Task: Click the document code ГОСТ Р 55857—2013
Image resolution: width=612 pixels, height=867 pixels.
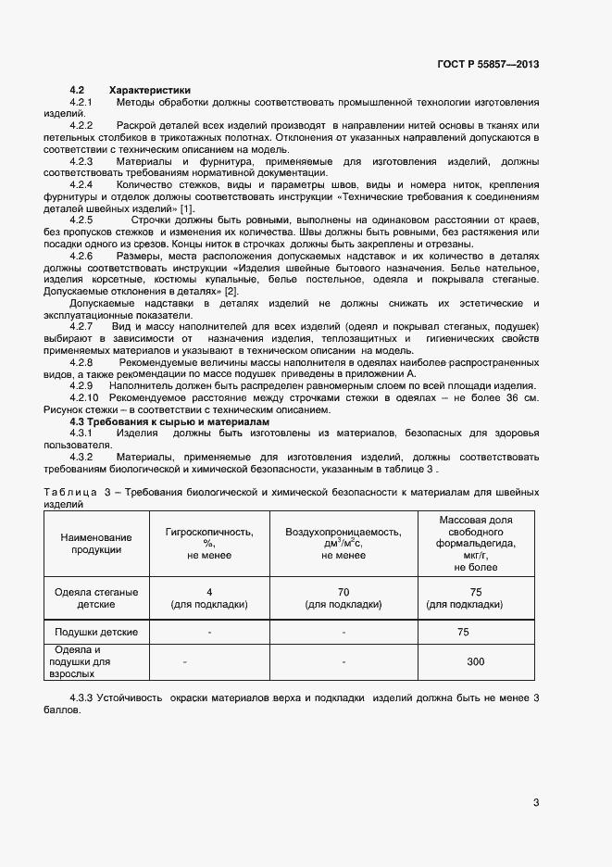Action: [487, 64]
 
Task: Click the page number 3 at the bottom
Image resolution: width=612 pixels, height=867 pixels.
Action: [536, 802]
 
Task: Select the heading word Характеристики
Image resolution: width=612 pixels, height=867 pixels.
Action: [149, 90]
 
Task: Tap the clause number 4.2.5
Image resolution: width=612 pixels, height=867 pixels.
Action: [81, 220]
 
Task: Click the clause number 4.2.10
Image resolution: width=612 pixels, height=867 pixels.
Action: [84, 397]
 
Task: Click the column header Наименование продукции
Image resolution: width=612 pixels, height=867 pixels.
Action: [95, 544]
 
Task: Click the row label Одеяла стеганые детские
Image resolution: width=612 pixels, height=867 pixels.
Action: [96, 597]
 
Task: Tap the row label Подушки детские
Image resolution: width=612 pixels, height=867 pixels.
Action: [96, 632]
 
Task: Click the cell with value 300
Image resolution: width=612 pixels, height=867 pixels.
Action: [476, 662]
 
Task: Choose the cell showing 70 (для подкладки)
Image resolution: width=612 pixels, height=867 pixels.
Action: [343, 597]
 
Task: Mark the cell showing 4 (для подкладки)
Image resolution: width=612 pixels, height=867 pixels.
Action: [209, 597]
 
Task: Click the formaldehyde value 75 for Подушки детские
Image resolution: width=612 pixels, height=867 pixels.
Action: [476, 632]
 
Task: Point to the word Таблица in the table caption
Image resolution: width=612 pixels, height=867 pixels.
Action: [69, 493]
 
